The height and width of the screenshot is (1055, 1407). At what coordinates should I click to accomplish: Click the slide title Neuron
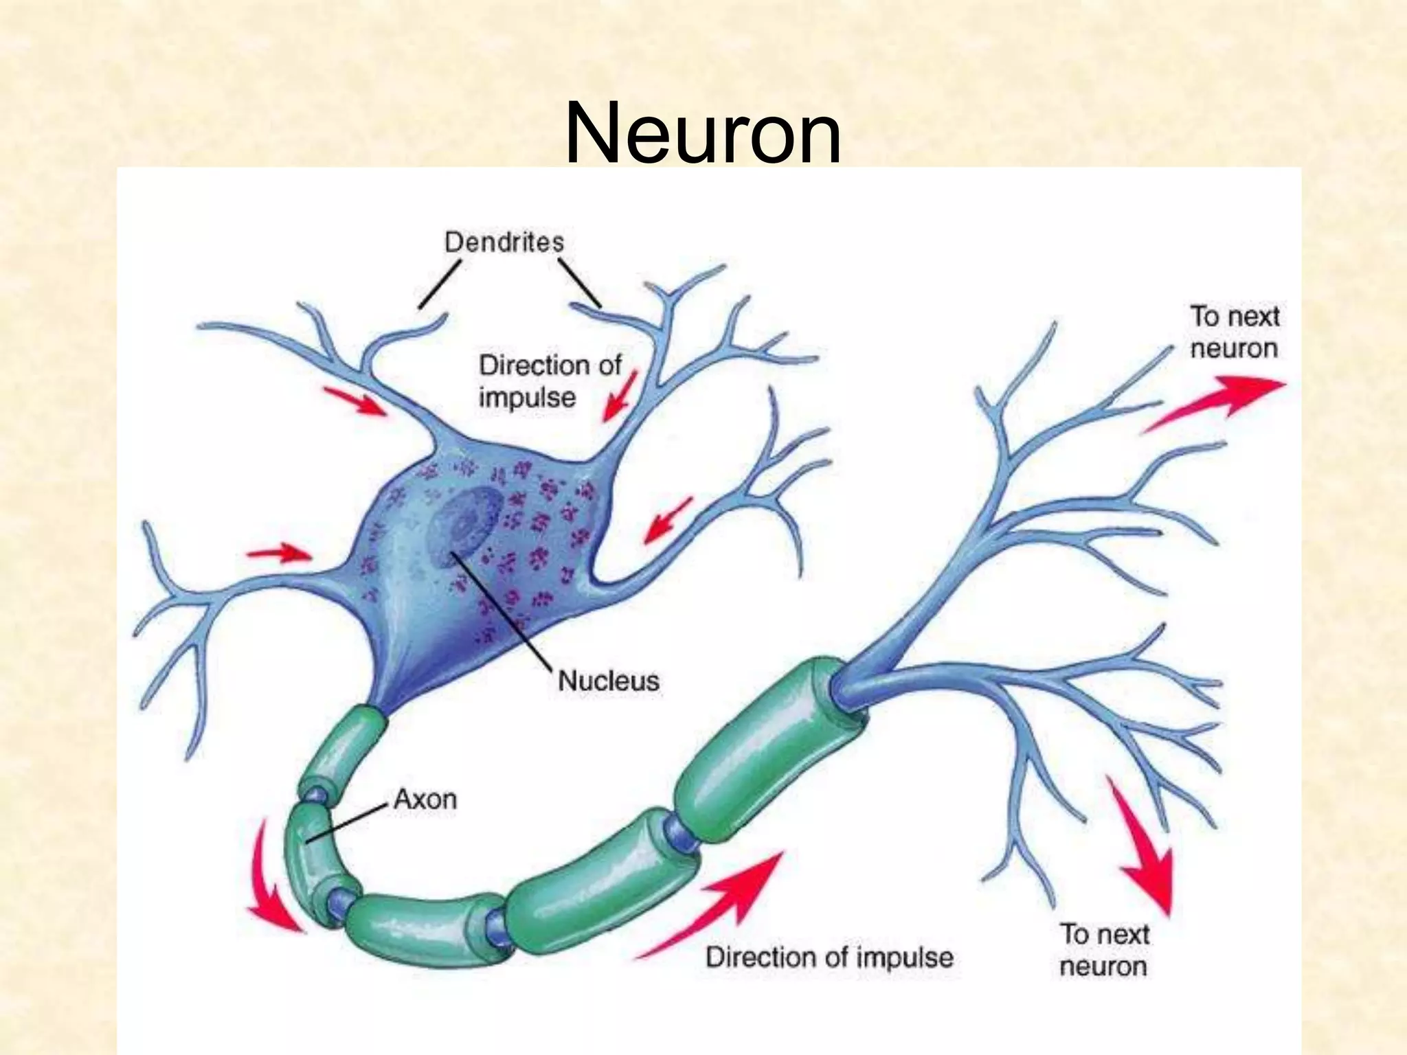point(702,132)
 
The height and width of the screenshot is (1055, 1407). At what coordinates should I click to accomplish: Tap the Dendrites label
point(504,242)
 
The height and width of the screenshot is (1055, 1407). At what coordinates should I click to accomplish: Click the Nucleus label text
point(608,681)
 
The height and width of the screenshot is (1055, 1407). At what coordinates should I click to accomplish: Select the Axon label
point(425,799)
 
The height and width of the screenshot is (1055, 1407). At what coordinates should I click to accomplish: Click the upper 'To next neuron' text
point(1234,332)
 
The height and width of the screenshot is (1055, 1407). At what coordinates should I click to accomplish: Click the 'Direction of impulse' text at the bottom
point(829,957)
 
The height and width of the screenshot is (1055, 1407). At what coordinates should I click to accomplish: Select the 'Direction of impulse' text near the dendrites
point(549,381)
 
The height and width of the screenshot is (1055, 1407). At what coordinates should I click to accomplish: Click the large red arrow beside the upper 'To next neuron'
point(1216,402)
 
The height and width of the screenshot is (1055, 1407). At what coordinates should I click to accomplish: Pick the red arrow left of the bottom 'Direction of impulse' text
point(714,907)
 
